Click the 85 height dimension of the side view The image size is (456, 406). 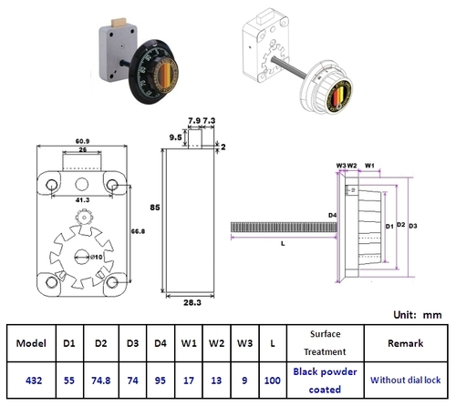(156, 208)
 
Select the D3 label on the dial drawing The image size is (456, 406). (413, 224)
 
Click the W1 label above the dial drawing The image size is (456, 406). (370, 165)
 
